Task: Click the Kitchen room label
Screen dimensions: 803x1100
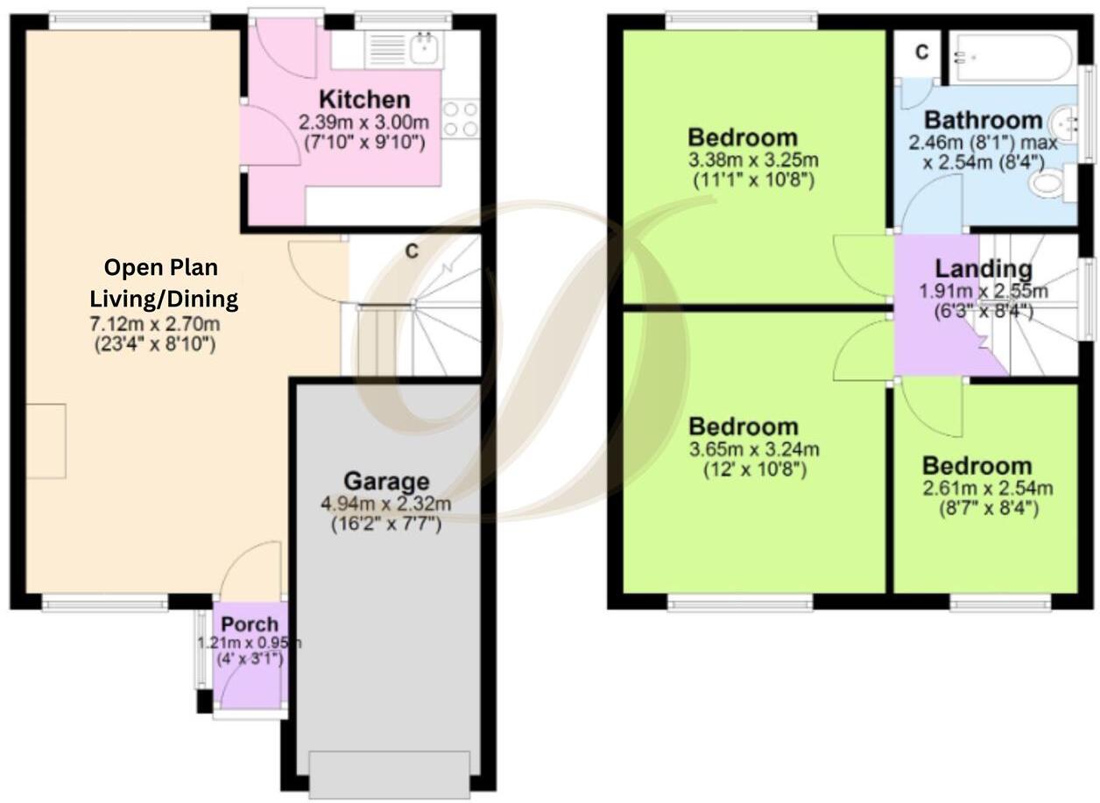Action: (363, 99)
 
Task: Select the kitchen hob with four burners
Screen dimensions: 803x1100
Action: (461, 119)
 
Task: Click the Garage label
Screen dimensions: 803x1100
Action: (386, 482)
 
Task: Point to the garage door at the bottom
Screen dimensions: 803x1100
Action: (389, 774)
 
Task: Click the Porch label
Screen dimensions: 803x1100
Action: (250, 625)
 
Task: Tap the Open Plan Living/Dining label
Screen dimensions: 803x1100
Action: (163, 283)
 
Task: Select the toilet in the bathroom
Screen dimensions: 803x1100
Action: (1048, 183)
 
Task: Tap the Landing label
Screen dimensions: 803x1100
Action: (983, 270)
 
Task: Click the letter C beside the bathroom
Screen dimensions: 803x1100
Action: (921, 53)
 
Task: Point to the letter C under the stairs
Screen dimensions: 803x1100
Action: (411, 251)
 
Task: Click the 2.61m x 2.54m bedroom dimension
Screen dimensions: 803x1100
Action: (986, 488)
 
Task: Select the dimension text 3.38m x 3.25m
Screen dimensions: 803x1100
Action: (753, 160)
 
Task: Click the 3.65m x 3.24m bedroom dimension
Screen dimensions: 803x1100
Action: (754, 450)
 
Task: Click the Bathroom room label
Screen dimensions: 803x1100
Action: (984, 120)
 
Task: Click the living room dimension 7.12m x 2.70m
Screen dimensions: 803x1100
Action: (154, 325)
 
